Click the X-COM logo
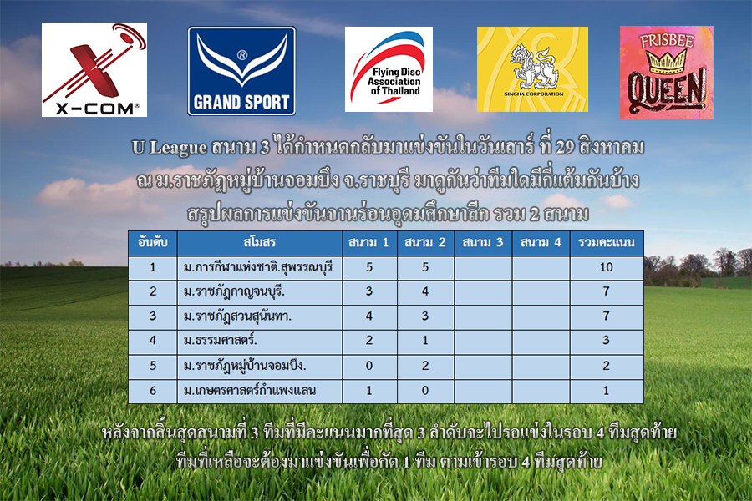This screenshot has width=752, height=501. pos(94,70)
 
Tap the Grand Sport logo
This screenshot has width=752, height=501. pos(241,71)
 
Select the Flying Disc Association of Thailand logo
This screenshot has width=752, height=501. pos(389,69)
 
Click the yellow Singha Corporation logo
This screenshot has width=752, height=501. pos(532,69)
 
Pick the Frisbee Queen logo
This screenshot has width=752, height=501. pos(667,73)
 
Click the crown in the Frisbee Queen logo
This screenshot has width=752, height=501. pos(666,61)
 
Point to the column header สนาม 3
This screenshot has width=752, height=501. pos(482,243)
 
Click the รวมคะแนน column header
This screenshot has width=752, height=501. pos(607,243)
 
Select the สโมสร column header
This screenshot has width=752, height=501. pos(260,243)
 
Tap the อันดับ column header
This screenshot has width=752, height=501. pos(153,243)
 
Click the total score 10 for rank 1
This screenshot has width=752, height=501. pos(607,267)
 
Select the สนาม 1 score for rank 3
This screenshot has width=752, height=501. pos(368,316)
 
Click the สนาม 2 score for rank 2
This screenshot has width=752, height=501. pos(425,291)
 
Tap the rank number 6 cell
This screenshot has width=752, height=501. pos(153,391)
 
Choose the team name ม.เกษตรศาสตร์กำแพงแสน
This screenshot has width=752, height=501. pos(249,391)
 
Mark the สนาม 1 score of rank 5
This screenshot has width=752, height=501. pos(368,366)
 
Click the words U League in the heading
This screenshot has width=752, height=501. pos(170,148)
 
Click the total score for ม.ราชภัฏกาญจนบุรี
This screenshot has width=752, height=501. pos(607,291)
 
